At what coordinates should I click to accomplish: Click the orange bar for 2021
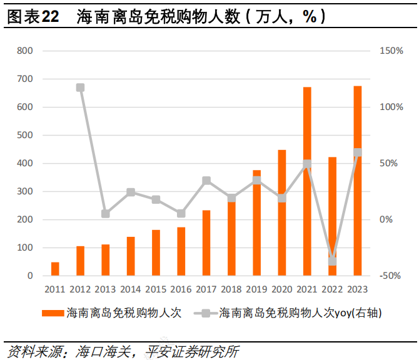tap(307, 181)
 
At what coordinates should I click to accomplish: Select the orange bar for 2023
tap(357, 181)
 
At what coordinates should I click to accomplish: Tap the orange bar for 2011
tap(55, 269)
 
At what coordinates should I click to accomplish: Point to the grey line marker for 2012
tap(80, 87)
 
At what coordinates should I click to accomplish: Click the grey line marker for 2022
tap(332, 261)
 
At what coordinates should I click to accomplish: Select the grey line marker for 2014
tap(131, 192)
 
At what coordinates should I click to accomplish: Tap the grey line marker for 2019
tap(256, 181)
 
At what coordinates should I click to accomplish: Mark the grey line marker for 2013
tap(106, 214)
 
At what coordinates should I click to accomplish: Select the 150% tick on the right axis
tap(391, 51)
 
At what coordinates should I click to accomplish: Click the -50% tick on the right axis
tap(391, 276)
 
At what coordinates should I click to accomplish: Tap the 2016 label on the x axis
tap(181, 289)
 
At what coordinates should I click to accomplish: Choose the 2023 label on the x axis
tap(357, 289)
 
